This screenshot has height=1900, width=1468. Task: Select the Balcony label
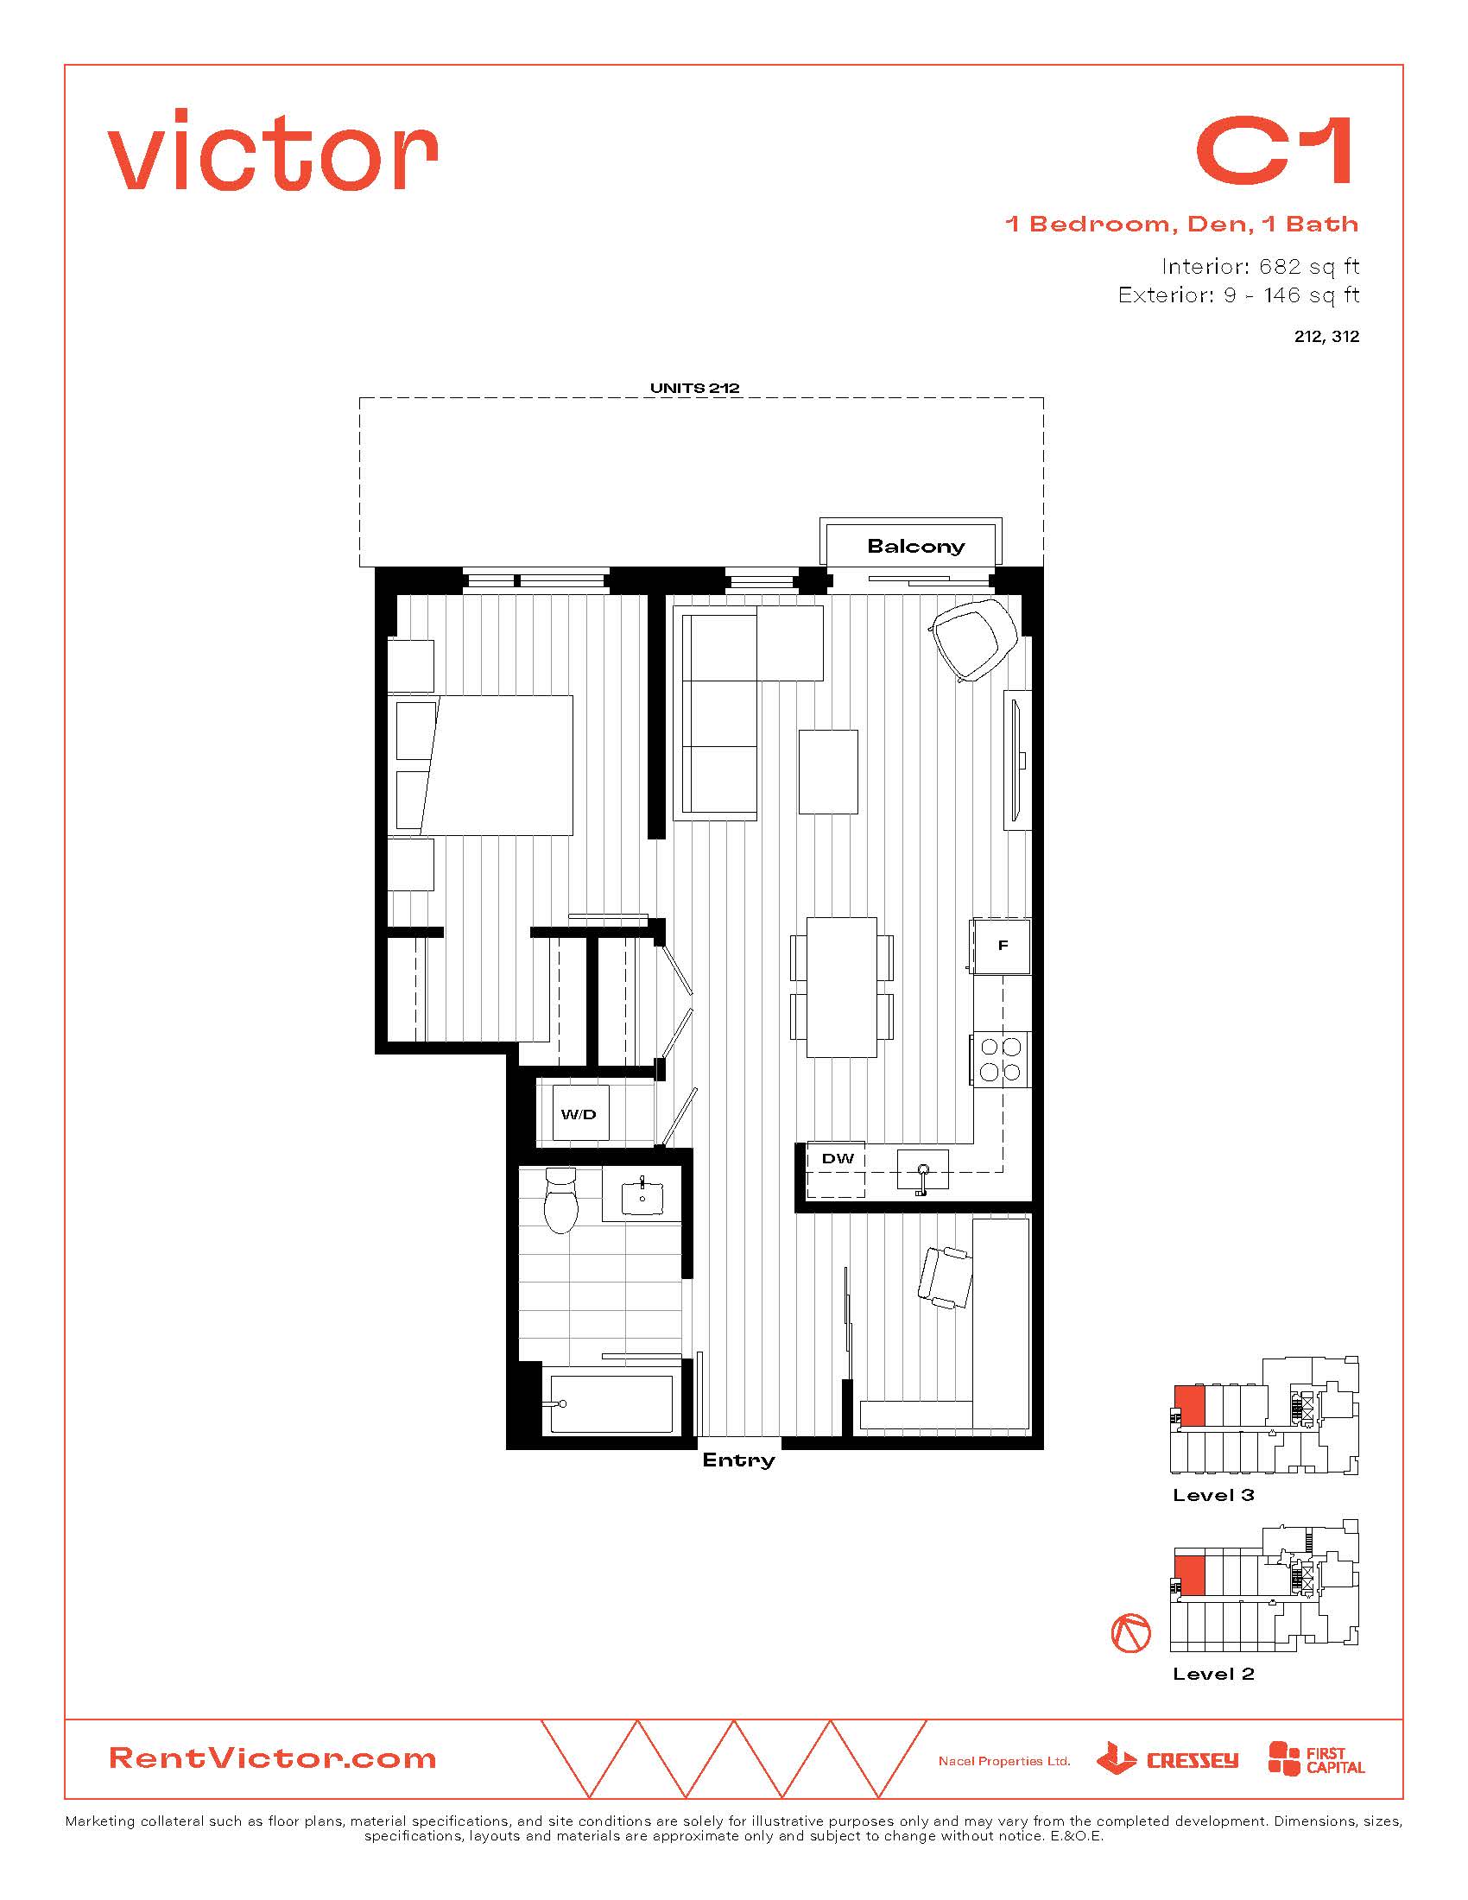(915, 547)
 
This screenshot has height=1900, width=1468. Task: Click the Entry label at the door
(738, 1460)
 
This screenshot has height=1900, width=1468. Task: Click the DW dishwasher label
(838, 1158)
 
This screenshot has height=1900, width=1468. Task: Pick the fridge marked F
(1002, 946)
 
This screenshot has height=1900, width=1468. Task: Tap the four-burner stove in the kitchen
(1001, 1058)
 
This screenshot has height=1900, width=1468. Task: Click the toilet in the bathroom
(561, 1200)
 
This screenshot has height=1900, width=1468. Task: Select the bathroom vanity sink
(642, 1198)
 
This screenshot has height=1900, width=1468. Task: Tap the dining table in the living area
(841, 986)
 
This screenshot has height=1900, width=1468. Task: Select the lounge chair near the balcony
(974, 639)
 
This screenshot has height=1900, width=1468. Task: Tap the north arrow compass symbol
(1130, 1633)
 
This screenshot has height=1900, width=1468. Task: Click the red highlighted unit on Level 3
(1190, 1406)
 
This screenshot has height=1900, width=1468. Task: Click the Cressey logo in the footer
(1167, 1758)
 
